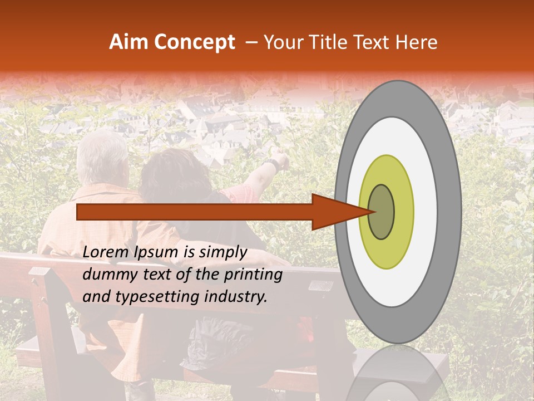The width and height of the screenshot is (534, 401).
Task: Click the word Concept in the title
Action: pos(194,42)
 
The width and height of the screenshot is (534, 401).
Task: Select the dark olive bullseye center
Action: pos(382,212)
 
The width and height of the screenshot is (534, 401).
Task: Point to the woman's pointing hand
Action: pos(283,159)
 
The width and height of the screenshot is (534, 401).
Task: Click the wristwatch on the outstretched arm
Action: pos(271,164)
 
